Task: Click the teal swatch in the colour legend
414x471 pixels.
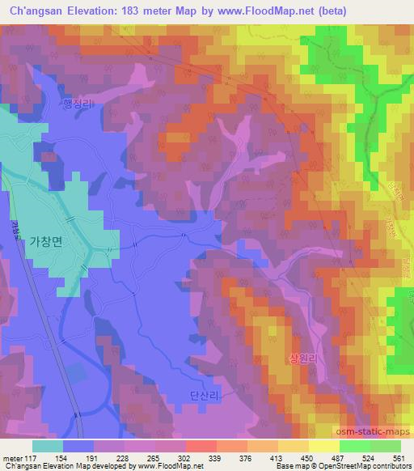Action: [49, 446]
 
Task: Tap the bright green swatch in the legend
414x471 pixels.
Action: [355, 446]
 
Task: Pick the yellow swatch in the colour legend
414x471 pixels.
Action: [324, 446]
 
